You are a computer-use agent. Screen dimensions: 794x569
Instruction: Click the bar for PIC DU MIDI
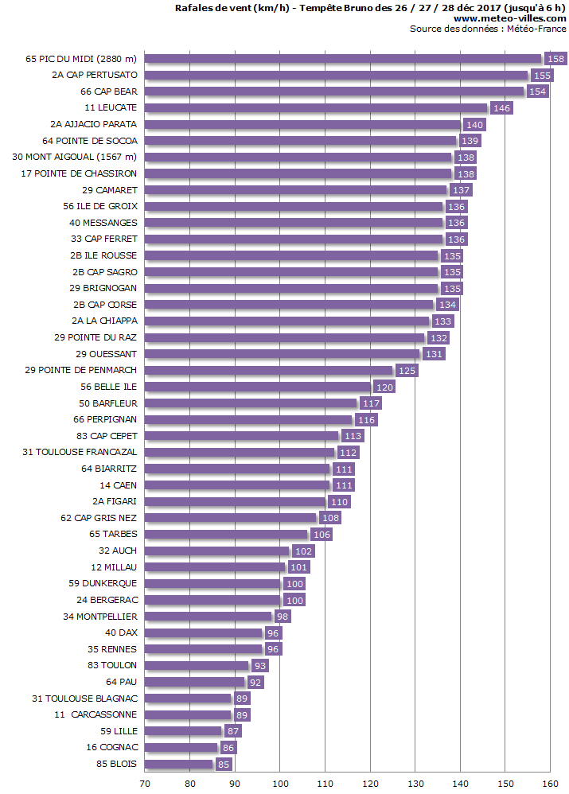[342, 59]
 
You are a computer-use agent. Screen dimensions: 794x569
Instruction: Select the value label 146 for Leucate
[501, 108]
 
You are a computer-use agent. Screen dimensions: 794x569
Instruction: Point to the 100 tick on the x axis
[280, 784]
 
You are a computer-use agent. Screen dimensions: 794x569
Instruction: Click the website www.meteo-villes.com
[510, 18]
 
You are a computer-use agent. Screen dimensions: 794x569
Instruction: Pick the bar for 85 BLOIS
[179, 765]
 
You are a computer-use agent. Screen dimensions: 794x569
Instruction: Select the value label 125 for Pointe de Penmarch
[407, 371]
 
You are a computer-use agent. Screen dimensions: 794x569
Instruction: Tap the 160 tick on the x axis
[550, 784]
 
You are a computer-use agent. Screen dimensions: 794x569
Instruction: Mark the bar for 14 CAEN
[237, 485]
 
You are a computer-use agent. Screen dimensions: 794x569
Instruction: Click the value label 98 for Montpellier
[282, 617]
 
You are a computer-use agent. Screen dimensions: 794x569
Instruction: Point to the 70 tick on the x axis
[145, 784]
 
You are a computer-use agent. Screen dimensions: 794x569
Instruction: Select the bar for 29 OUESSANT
[283, 354]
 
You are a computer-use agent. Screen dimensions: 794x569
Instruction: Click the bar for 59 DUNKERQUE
[213, 584]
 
